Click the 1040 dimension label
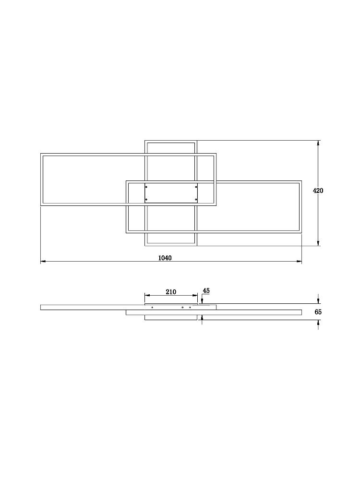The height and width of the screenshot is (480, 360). pos(165,258)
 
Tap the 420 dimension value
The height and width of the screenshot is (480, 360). pos(318,191)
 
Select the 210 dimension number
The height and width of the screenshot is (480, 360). pos(171,292)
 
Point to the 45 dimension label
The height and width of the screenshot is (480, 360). pos(206,290)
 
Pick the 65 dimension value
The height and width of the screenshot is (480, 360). pos(318,312)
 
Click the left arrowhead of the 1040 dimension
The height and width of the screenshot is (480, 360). pos(43,262)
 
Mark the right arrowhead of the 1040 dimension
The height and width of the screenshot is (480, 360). pos(299,262)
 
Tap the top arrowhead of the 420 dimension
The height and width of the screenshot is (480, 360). pos(318,143)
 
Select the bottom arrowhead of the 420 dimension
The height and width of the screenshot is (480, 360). pos(318,243)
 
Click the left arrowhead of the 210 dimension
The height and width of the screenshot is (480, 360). pos(147,295)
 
